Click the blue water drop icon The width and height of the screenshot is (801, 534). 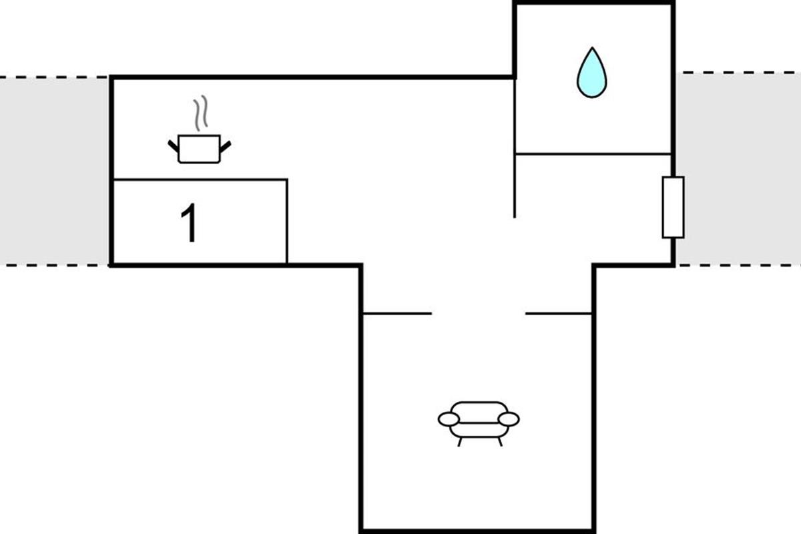591,75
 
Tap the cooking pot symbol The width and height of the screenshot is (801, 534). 199,148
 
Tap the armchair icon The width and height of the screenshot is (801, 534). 479,421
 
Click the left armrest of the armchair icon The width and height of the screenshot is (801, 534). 449,419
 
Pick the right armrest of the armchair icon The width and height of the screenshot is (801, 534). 509,419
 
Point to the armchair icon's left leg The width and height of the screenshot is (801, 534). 460,441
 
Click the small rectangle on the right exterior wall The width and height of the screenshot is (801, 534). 673,207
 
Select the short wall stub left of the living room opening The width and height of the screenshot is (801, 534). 396,313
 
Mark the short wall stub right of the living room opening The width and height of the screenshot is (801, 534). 559,313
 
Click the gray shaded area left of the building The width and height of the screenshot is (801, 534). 53,171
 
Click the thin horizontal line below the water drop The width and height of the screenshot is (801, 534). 593,154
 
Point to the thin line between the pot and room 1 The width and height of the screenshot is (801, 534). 200,180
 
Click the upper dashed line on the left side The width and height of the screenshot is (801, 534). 53,77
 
